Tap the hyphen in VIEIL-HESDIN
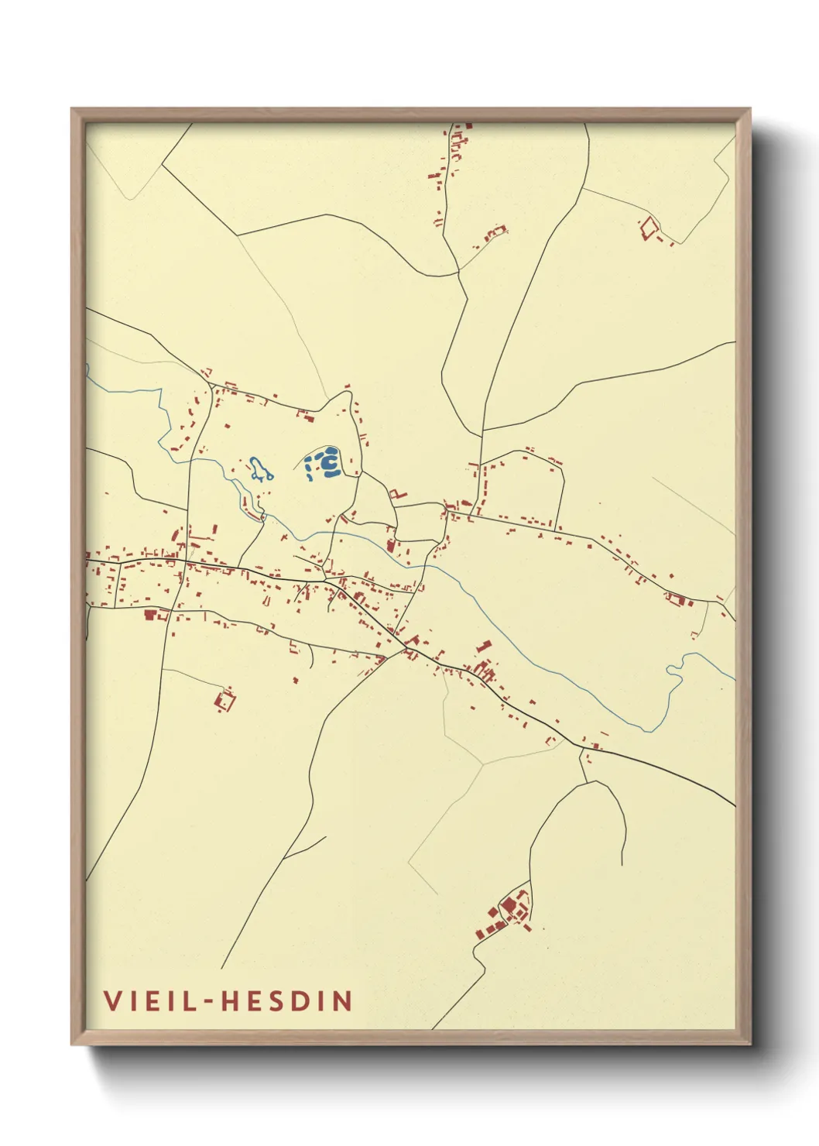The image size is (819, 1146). click(207, 1002)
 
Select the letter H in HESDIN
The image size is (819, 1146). click(231, 1000)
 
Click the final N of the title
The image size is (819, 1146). click(343, 1000)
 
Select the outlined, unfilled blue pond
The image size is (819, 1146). click(260, 468)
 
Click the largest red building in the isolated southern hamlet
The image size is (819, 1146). click(509, 904)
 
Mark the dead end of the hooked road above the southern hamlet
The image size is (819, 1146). click(622, 865)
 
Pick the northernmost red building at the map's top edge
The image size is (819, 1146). click(468, 125)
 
